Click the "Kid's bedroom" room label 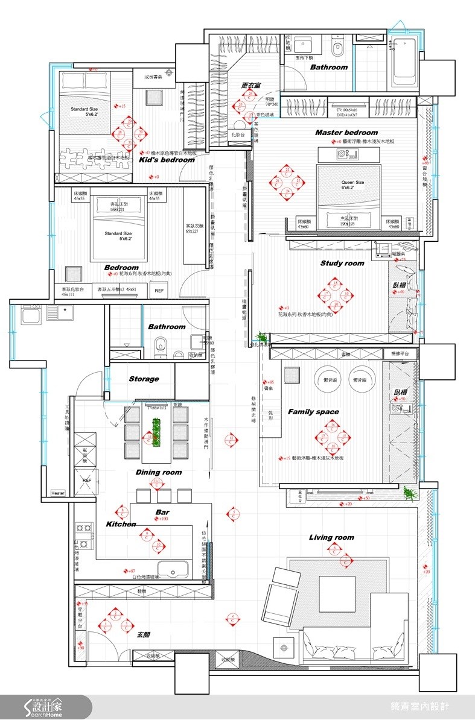[x=167, y=160]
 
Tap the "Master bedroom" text [x=346, y=132]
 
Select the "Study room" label [x=342, y=263]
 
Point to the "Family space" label [x=313, y=412]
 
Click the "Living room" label [x=331, y=537]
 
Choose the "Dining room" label [x=158, y=472]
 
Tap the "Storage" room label [x=144, y=379]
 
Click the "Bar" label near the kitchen [x=162, y=512]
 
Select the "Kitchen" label [x=121, y=524]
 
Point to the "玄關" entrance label [x=143, y=634]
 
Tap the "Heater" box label [x=58, y=493]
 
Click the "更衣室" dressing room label [x=250, y=86]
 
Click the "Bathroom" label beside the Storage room [x=167, y=326]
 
